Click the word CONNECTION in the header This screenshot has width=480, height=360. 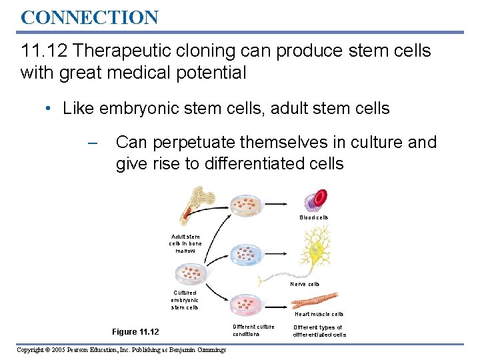(x=89, y=17)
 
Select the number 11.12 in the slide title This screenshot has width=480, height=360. (x=43, y=51)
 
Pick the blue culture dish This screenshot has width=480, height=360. (x=247, y=253)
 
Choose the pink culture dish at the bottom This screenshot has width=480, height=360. (x=247, y=305)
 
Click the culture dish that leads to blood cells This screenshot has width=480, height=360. (x=247, y=206)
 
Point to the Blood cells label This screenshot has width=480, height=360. (x=313, y=217)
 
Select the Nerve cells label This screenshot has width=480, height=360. (x=305, y=284)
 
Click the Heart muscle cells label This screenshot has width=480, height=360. (x=319, y=314)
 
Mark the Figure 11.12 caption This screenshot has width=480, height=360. (x=135, y=332)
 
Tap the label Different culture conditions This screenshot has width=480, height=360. (x=253, y=331)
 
